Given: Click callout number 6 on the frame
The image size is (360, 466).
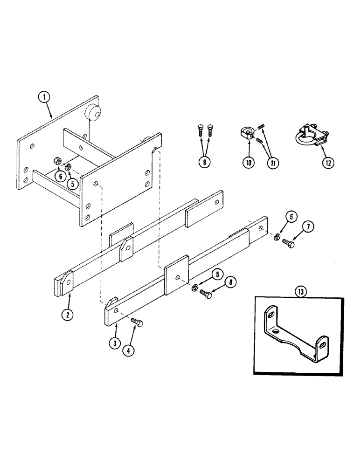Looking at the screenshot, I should (x=60, y=176).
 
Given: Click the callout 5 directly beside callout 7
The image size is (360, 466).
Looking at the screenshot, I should (x=291, y=217).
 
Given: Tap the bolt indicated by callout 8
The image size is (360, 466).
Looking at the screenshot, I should (x=206, y=294).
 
